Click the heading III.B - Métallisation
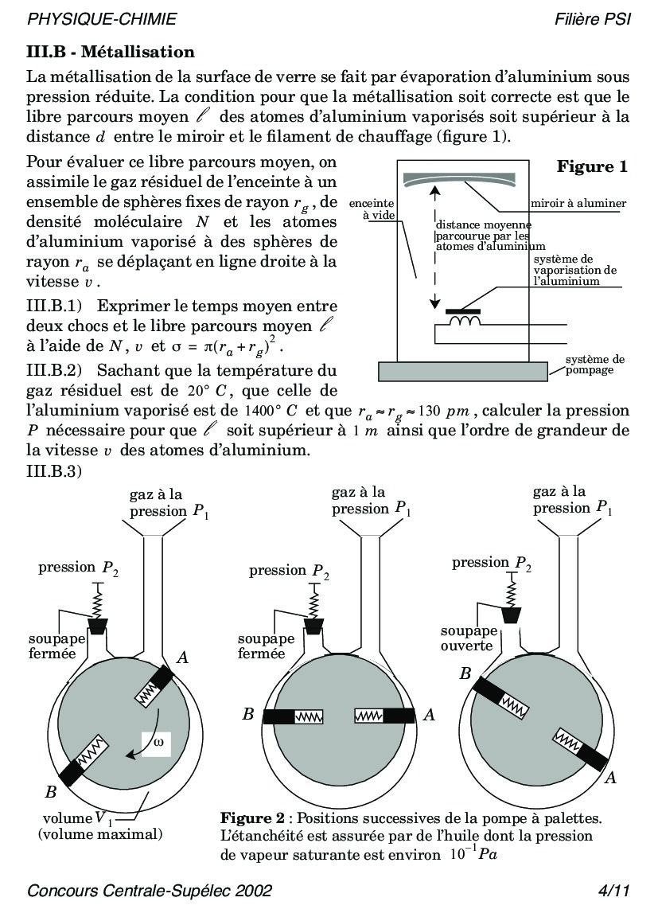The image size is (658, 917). (110, 53)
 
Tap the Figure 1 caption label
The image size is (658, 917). (591, 167)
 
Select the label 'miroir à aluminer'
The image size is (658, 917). (578, 204)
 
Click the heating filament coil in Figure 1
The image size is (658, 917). (466, 321)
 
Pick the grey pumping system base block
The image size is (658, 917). (463, 370)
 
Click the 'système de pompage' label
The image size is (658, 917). (595, 365)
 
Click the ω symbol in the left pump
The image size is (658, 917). (158, 743)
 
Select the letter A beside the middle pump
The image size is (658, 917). (429, 715)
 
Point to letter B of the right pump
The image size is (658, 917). (465, 673)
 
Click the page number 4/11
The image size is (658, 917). (613, 890)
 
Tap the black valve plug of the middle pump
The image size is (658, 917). (312, 627)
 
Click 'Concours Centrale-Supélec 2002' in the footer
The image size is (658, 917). (150, 890)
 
